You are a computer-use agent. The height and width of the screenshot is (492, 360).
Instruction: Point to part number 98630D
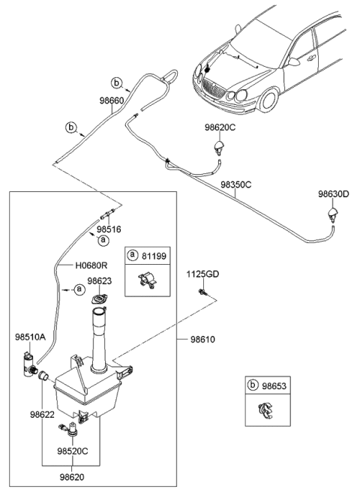click(333, 193)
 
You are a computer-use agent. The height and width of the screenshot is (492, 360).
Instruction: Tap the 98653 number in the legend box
click(273, 385)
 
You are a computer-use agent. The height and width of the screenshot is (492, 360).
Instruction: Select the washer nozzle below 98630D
click(331, 217)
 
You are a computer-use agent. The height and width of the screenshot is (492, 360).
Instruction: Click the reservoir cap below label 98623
click(99, 300)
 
